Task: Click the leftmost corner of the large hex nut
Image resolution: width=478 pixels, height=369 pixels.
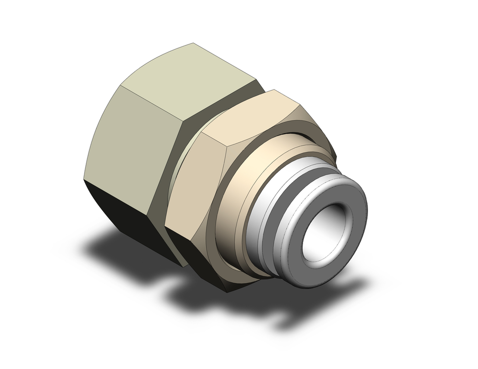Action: coord(84,180)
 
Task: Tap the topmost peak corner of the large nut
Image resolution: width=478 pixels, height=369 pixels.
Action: coord(193,43)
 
